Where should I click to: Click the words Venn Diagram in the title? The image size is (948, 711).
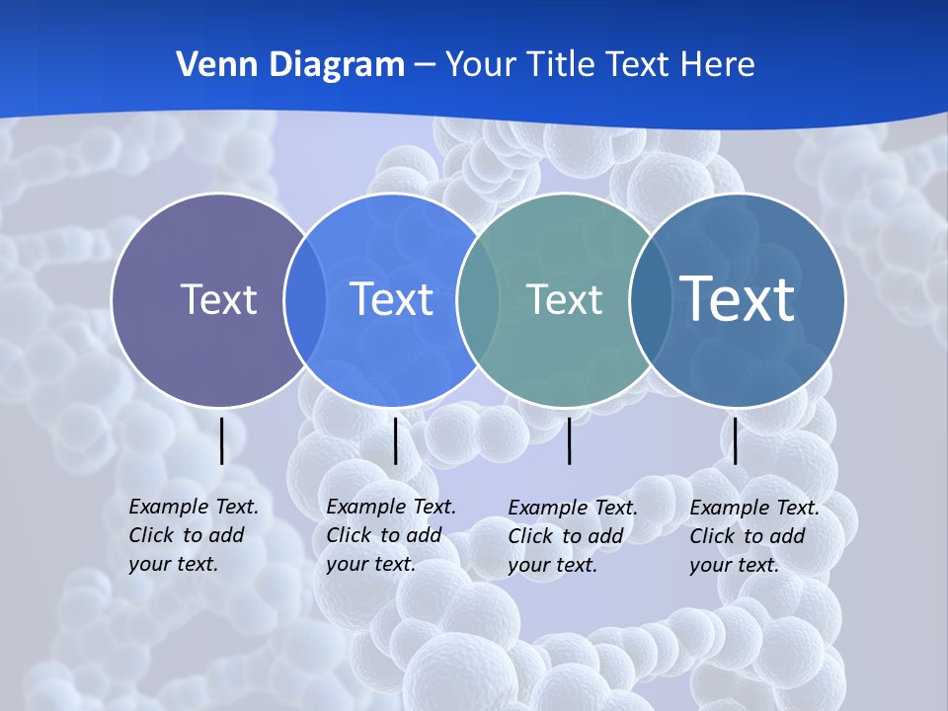coord(290,65)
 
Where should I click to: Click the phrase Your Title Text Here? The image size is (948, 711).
coord(599,65)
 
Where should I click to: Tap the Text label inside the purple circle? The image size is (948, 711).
coord(218,299)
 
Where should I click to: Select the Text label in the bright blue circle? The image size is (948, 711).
coord(391,299)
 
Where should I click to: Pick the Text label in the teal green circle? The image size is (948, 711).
coord(564,299)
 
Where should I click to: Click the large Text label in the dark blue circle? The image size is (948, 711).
coord(738,298)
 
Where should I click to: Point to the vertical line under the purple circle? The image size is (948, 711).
coord(221,440)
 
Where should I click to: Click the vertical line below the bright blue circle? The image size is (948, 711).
coord(395,440)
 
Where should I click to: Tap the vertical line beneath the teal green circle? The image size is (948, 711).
coord(569,440)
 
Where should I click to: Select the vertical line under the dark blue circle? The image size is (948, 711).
coord(735,440)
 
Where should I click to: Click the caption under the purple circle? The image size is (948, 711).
coord(194,535)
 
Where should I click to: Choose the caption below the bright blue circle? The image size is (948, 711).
coord(391,535)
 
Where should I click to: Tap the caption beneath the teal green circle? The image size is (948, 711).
coord(573,536)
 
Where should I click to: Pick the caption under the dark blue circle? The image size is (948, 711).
coord(754,536)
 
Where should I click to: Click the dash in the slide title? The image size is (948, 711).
coord(425,65)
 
